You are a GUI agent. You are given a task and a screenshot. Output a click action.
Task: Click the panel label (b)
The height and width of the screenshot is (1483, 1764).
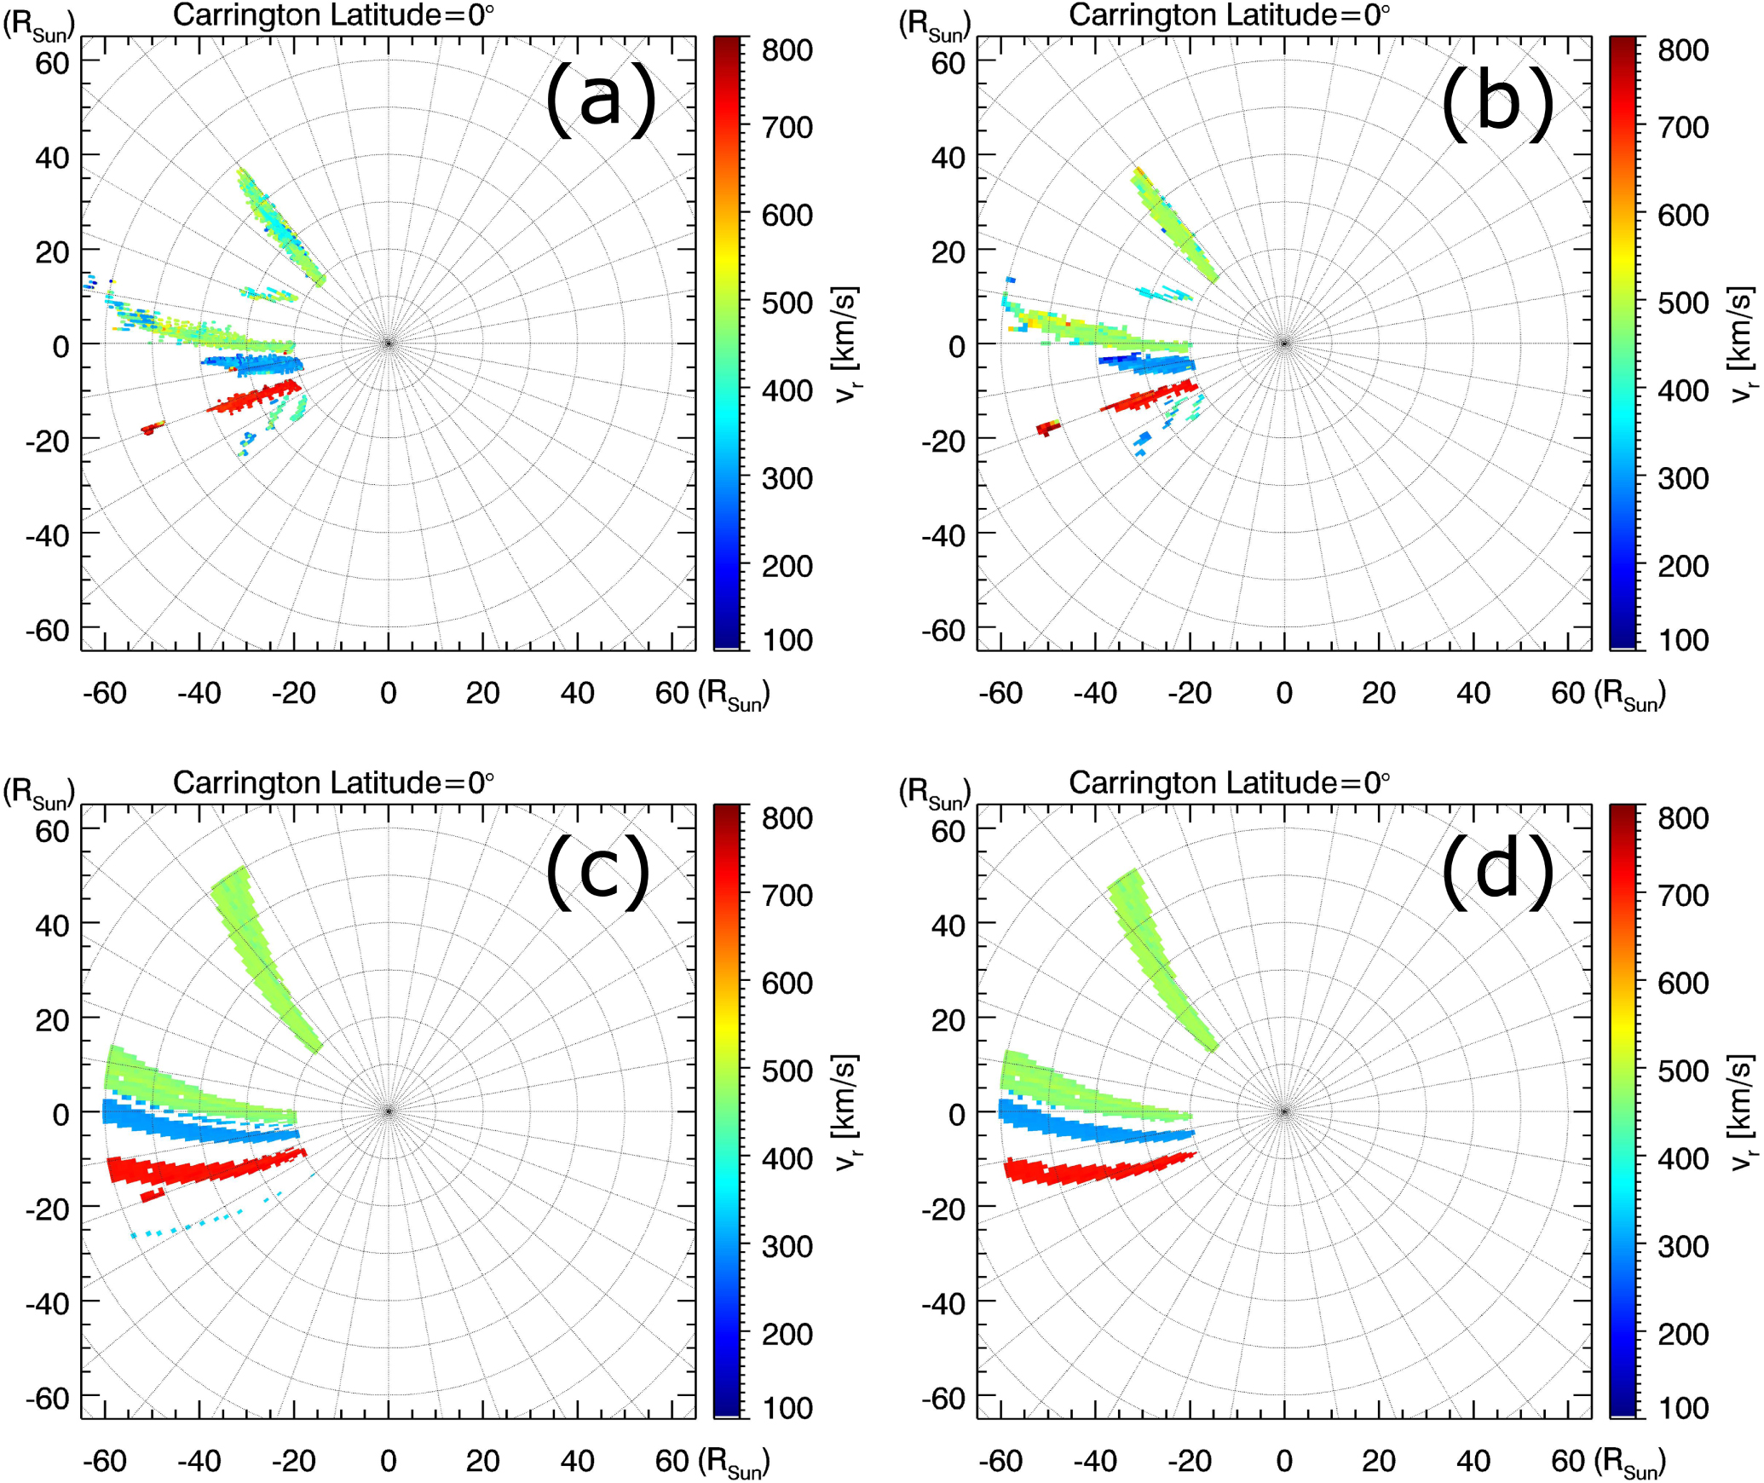pyautogui.click(x=1497, y=102)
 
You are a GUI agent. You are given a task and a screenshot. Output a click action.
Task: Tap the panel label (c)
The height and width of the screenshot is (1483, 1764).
pyautogui.click(x=598, y=871)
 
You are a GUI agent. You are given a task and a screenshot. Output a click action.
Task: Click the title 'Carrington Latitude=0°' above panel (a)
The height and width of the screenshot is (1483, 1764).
pyautogui.click(x=333, y=15)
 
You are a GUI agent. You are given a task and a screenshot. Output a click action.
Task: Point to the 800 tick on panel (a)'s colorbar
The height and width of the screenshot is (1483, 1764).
pyautogui.click(x=787, y=50)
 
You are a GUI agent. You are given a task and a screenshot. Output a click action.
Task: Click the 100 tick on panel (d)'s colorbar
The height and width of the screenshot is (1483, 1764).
pyautogui.click(x=1682, y=1408)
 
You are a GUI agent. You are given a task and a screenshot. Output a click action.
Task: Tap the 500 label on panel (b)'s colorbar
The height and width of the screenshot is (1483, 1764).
pyautogui.click(x=1682, y=303)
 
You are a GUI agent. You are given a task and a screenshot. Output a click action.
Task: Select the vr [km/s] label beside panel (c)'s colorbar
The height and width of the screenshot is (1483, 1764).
pyautogui.click(x=846, y=1111)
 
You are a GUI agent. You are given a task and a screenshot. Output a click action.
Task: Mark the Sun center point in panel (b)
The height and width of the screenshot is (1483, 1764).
pyautogui.click(x=1284, y=343)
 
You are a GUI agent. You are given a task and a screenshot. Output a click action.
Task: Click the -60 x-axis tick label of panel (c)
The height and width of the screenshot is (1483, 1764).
pyautogui.click(x=104, y=1461)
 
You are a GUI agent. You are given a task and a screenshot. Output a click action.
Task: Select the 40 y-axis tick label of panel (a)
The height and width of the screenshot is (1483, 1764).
pyautogui.click(x=52, y=158)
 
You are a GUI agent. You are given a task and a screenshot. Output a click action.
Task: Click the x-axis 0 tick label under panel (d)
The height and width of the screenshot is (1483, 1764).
pyautogui.click(x=1284, y=1461)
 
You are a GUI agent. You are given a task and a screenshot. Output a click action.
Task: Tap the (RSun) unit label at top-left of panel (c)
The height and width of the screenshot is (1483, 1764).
pyautogui.click(x=39, y=792)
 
